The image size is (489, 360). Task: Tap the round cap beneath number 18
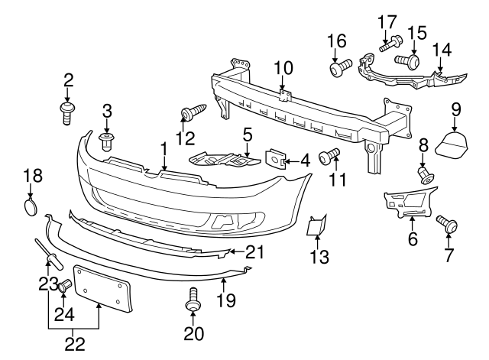[30, 208]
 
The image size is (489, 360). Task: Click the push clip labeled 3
[107, 139]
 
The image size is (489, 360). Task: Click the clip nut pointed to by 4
[276, 158]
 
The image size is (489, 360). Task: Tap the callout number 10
[283, 69]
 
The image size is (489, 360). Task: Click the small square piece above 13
[317, 227]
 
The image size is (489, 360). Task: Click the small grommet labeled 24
[65, 288]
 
